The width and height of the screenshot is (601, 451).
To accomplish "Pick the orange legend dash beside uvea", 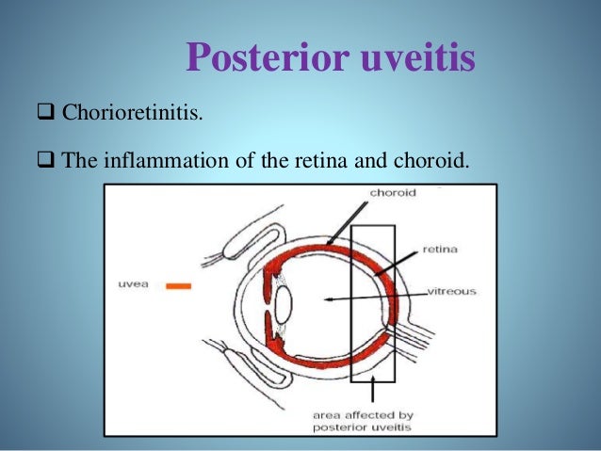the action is [179, 284].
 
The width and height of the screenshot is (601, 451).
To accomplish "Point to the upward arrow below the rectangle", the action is [374, 392].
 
